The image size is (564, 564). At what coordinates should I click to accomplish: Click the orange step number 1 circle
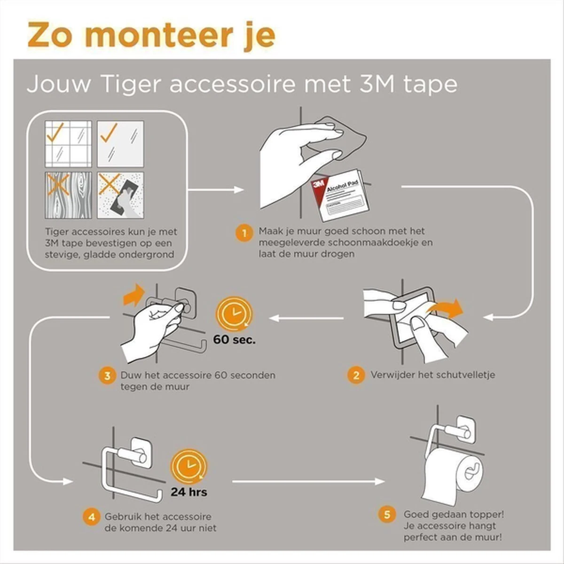coord(244,233)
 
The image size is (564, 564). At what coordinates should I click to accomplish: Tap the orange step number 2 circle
coord(356,375)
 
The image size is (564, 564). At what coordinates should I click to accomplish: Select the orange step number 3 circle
coord(108,376)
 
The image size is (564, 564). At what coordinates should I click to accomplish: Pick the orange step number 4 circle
coord(92,517)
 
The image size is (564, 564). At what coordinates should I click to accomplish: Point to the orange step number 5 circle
coord(387,514)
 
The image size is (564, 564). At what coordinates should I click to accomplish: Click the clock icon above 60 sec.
coord(234,314)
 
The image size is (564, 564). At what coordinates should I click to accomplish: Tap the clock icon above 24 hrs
coord(188,467)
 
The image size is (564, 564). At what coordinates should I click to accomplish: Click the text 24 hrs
coord(189,492)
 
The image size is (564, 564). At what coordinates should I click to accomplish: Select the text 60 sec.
coord(235,339)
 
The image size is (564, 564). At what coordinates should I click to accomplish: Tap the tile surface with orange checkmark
coord(68,143)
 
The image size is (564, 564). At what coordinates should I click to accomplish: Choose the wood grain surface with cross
coord(68,195)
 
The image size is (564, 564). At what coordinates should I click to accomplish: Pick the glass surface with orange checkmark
coord(120,143)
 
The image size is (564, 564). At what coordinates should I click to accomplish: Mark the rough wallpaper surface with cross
coord(120,195)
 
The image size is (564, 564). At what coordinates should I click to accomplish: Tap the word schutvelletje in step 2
coord(465,375)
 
